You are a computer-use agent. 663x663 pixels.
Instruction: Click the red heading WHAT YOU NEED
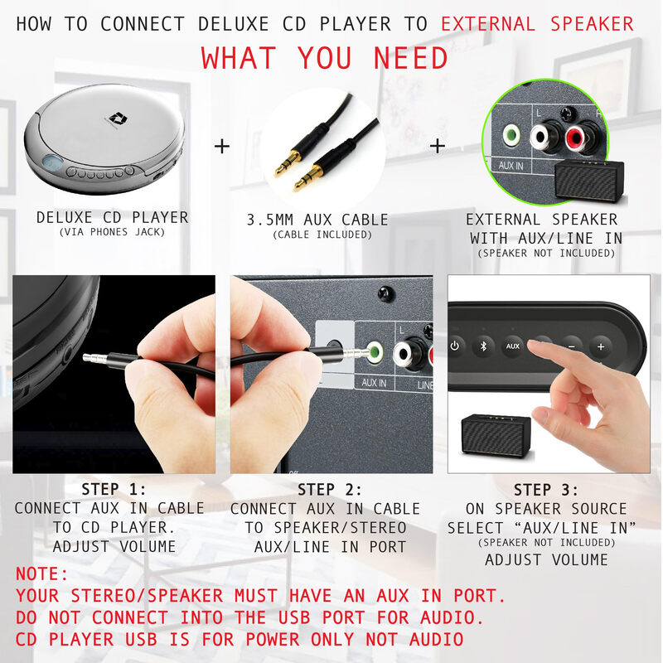(324, 59)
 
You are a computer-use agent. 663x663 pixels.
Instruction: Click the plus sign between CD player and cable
(222, 147)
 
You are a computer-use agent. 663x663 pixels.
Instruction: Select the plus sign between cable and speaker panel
(437, 146)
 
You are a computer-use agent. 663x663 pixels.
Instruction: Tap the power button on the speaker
(455, 346)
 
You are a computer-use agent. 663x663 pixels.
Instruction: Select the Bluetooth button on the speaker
(483, 346)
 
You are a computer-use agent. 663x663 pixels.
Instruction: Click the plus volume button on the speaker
(601, 346)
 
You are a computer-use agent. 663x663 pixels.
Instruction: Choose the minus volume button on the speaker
(572, 346)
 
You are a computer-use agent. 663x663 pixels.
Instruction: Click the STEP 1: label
(114, 489)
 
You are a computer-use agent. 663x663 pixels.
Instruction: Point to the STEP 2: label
(330, 489)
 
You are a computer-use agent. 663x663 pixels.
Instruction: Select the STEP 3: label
(546, 490)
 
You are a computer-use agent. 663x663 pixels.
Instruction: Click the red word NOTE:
(43, 574)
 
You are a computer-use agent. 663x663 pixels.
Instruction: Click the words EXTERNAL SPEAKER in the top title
(537, 23)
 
